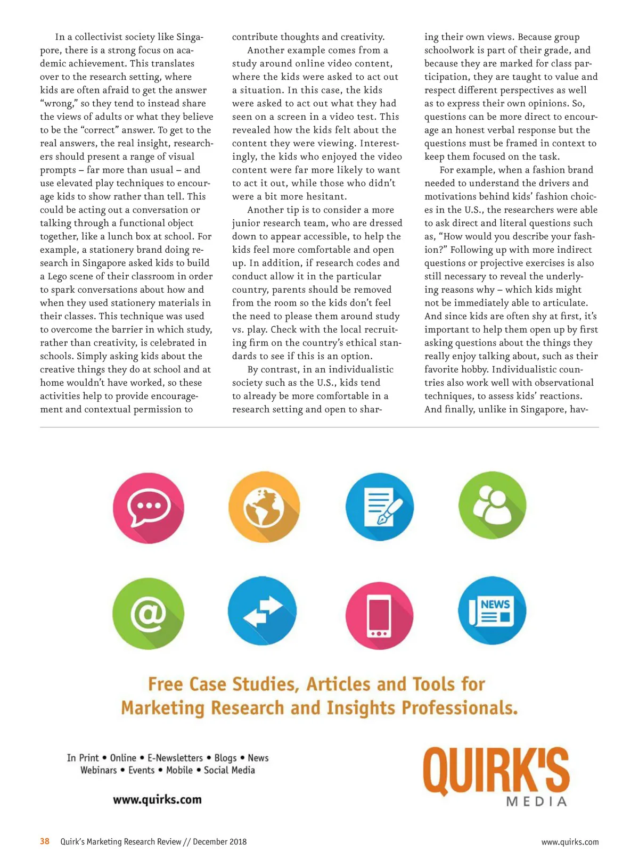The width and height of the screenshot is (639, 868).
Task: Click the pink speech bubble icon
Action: [149, 508]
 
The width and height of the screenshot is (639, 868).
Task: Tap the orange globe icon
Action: [264, 507]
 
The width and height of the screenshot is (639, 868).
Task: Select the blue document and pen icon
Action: [379, 507]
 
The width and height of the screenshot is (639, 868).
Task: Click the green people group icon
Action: [492, 506]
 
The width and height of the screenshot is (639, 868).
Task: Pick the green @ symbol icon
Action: [149, 613]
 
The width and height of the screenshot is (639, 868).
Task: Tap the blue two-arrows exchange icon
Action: [263, 611]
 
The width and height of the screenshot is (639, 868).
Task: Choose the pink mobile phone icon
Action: [379, 613]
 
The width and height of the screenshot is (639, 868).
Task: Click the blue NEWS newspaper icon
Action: [492, 611]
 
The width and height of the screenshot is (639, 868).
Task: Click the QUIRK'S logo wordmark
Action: [496, 771]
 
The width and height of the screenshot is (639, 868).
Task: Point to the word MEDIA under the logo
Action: [536, 802]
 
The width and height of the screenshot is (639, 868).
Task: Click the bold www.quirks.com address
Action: [157, 799]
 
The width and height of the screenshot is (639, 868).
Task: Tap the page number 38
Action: [45, 841]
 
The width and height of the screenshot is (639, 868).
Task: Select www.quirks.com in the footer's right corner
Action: [570, 842]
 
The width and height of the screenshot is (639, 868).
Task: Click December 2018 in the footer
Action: [219, 842]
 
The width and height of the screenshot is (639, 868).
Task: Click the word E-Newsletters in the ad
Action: [175, 758]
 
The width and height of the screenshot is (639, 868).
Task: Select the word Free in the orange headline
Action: [165, 684]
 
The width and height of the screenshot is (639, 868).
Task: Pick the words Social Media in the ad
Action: [230, 770]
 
